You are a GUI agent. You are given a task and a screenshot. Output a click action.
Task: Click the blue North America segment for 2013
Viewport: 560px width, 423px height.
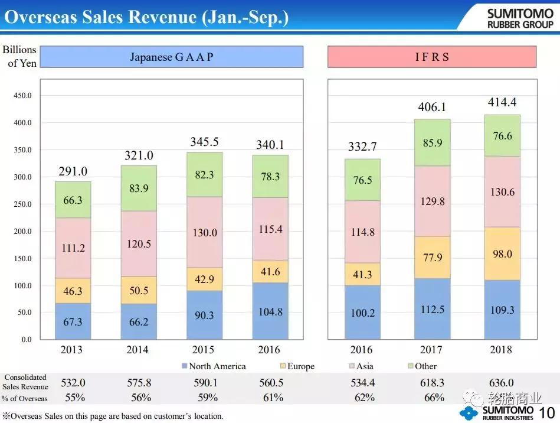pos(73,321)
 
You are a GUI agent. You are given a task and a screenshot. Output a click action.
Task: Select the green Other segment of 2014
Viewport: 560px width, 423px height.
pos(139,188)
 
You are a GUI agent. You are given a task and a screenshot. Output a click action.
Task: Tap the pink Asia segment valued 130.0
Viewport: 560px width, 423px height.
pos(205,232)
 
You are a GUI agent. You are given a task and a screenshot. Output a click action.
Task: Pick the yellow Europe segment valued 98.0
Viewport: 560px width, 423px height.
pos(503,253)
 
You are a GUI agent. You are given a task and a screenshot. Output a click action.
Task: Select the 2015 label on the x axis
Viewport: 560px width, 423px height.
pos(205,350)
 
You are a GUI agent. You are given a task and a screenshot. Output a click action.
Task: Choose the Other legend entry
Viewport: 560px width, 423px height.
pos(421,366)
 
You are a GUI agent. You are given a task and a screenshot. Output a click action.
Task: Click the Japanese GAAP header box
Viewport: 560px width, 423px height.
pos(172,57)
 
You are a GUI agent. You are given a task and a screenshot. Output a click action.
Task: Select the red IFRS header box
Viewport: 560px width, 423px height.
pos(432,57)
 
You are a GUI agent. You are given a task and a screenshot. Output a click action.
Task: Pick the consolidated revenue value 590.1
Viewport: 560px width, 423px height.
pos(205,383)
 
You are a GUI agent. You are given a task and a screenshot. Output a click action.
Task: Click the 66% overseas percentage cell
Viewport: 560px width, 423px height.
pos(434,398)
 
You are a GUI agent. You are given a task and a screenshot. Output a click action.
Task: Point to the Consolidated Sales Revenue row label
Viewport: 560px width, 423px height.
pos(25,382)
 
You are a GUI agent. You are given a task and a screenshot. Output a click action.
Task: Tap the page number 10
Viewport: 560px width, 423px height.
pos(547,412)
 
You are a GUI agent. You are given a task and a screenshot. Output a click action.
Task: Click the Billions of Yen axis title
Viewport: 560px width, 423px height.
pos(19,56)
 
